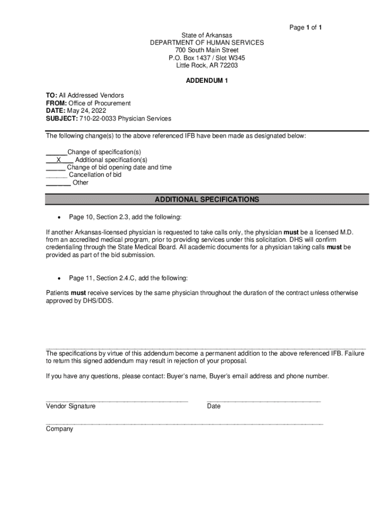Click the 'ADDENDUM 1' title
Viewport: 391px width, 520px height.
click(x=207, y=81)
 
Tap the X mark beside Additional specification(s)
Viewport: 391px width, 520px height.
click(x=59, y=159)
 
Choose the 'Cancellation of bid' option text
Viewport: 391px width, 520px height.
click(x=95, y=175)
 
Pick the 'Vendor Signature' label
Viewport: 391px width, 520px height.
click(x=71, y=406)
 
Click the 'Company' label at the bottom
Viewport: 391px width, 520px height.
click(x=59, y=429)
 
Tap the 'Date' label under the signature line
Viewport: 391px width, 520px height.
click(x=214, y=406)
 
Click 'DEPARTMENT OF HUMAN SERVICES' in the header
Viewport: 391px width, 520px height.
click(x=207, y=43)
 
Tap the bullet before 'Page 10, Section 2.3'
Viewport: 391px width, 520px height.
click(x=60, y=217)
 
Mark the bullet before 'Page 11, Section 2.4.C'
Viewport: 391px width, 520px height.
click(x=60, y=278)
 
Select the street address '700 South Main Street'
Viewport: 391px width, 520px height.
click(x=207, y=50)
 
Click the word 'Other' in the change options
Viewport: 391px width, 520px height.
click(x=80, y=182)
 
